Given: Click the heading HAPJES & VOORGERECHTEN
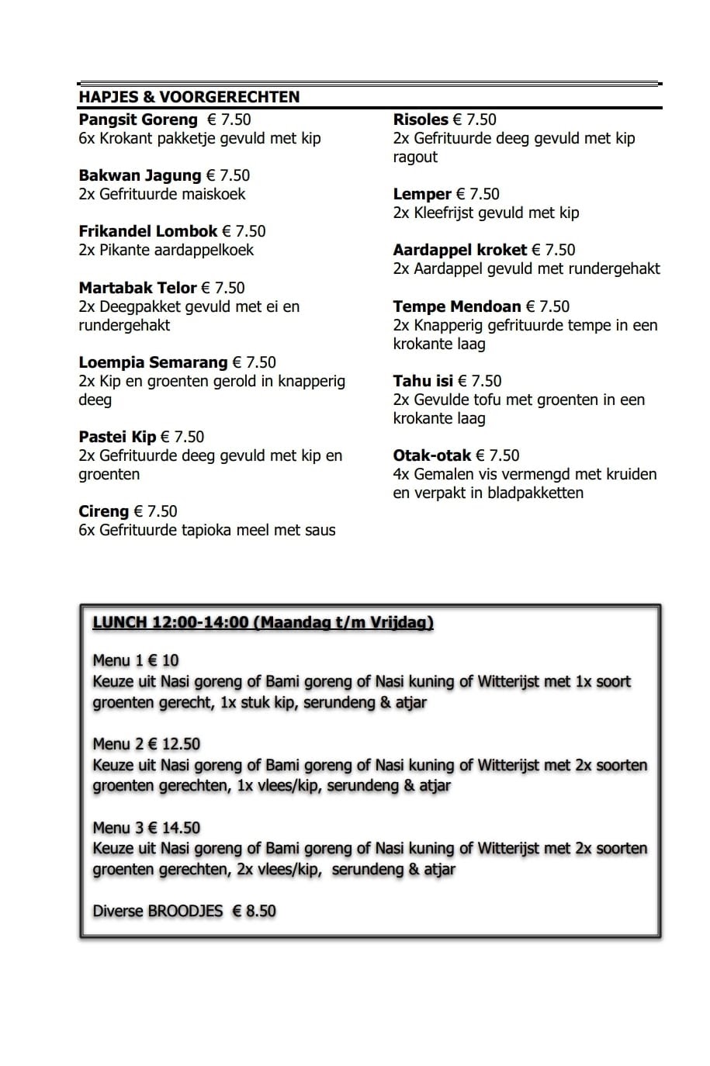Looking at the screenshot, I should point(189,97).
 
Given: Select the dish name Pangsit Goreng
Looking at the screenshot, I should point(138,119).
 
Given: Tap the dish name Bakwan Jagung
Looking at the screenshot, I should point(140,175).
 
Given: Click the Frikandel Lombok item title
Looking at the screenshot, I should point(147,231).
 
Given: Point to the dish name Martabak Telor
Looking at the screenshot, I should point(137,288).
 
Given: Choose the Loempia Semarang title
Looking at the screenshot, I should point(153,362).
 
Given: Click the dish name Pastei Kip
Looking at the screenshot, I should point(117,437).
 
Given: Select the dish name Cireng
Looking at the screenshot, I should point(103,511).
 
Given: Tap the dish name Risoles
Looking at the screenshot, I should point(421,119).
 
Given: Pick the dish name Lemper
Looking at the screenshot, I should point(422,194).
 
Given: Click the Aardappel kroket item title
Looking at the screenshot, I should point(460,250).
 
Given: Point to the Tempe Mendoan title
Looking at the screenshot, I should point(456,306).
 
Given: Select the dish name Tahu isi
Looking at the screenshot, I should point(423,381).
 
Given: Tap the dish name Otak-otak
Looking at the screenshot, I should point(431,455).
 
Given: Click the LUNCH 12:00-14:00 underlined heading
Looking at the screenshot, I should point(262,622).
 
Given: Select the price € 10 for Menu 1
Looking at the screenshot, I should point(163,660).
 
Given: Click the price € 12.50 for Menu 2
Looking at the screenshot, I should point(174,744).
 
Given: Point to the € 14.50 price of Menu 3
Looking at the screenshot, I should point(174,828).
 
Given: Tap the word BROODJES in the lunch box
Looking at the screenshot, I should point(185,911).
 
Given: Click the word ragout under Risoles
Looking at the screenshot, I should point(415,157).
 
